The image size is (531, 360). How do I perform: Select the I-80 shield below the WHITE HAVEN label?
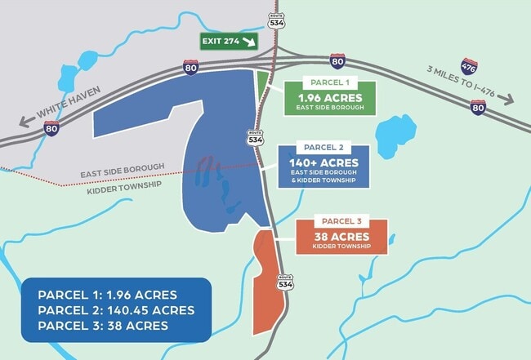point(51,128)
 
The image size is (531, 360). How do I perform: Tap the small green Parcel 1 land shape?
point(261,84)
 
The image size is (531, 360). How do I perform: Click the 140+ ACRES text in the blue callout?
point(324,163)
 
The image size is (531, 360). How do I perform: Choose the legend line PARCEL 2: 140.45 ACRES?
point(116,310)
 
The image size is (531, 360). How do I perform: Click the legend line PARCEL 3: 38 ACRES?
point(103,326)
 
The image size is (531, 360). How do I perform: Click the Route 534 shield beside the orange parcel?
point(284,282)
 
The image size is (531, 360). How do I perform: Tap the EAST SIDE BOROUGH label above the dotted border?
point(123,168)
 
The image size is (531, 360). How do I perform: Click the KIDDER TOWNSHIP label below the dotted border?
point(123,185)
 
